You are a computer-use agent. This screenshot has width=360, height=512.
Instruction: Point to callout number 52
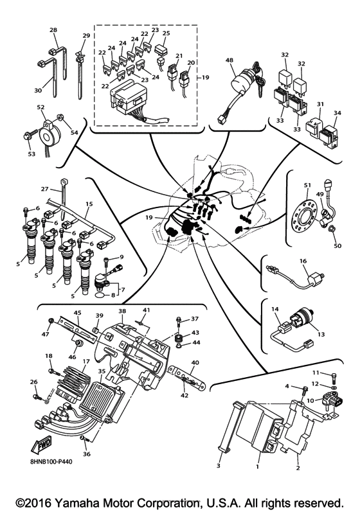tap(40, 107)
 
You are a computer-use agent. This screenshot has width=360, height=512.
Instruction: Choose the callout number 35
tap(101, 371)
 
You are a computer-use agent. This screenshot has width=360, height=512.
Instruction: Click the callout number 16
tap(303, 263)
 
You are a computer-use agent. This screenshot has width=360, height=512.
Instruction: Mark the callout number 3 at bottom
tap(218, 465)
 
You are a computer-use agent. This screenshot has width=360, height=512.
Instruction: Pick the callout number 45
tap(77, 313)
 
